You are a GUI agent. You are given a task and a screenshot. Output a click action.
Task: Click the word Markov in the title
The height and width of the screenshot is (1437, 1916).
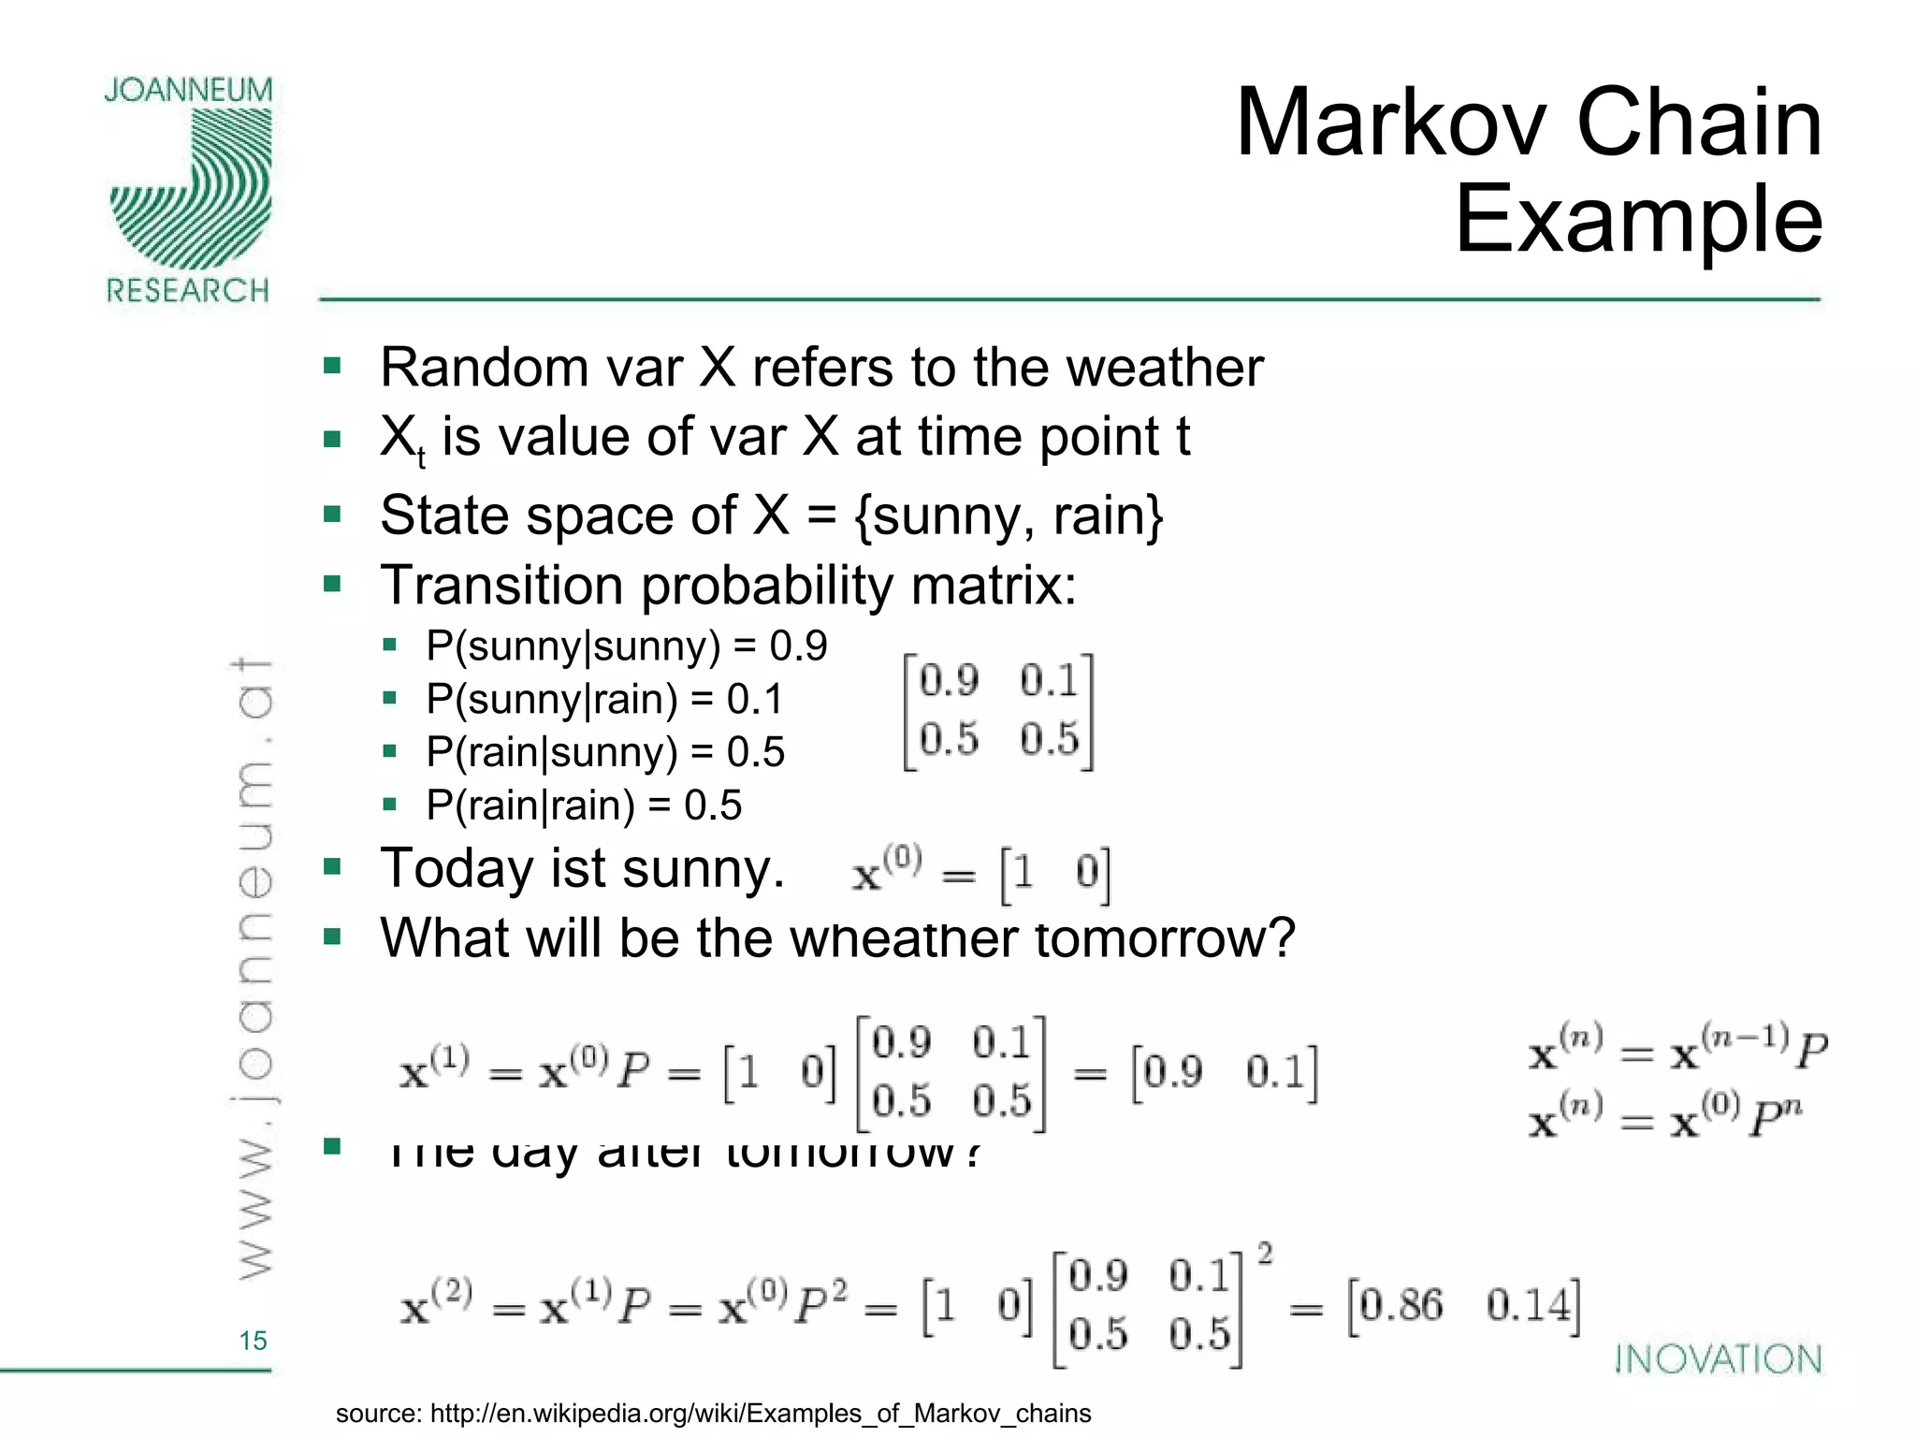(x=1394, y=123)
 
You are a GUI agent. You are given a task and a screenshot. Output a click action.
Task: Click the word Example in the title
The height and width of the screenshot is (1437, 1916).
(x=1638, y=220)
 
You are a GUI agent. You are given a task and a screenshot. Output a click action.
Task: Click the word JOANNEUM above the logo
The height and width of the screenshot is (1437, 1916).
(x=188, y=90)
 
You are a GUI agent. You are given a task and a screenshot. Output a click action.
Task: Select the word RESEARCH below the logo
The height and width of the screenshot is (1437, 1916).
(x=187, y=291)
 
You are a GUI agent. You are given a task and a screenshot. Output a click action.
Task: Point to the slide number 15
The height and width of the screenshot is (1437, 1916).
(x=253, y=1341)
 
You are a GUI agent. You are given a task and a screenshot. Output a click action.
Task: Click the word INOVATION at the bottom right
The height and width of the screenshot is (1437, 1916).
(x=1719, y=1359)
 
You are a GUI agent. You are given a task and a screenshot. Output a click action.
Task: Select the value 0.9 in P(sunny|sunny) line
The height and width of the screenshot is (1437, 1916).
(x=798, y=646)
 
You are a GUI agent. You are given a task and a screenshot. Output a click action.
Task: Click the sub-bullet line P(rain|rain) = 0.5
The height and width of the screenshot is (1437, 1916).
(x=583, y=806)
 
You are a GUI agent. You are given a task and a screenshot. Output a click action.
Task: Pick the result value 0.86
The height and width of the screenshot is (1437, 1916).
(x=1401, y=1305)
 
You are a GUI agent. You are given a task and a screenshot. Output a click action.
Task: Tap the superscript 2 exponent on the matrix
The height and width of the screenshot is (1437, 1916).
(x=1265, y=1253)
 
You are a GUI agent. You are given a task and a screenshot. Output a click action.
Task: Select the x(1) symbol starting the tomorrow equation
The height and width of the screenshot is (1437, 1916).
(x=434, y=1069)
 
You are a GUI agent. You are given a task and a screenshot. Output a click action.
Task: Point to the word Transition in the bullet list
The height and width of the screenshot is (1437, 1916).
(x=501, y=587)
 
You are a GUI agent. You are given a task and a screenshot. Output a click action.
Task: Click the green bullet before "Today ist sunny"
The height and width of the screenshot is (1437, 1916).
(x=332, y=866)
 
